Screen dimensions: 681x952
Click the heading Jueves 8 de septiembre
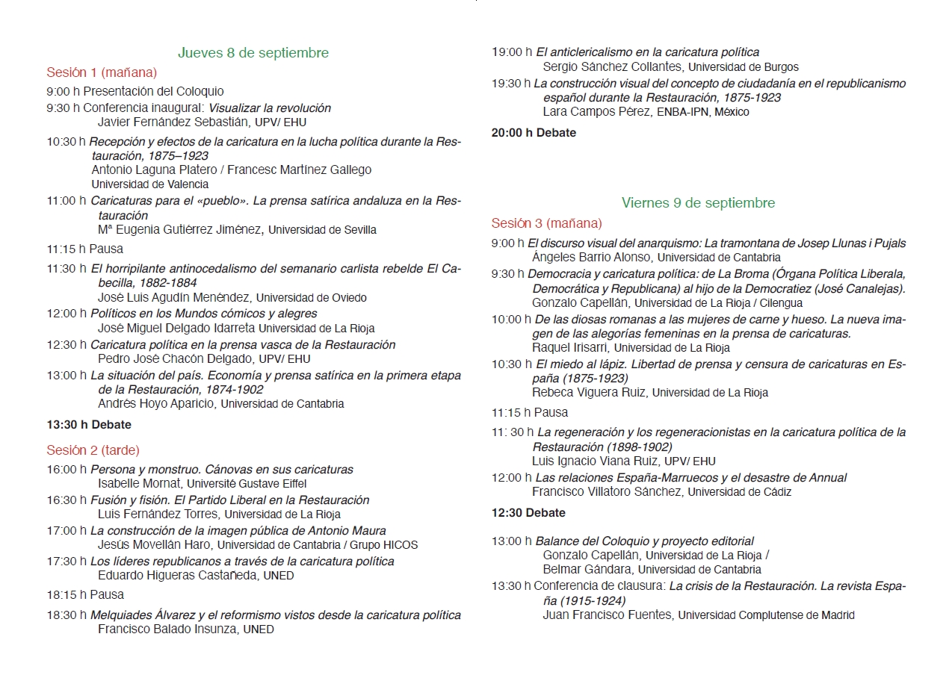253,53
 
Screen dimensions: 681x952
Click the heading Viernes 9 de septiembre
698,203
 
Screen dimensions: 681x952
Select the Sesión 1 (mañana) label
102,72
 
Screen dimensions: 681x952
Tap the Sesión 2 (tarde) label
93,450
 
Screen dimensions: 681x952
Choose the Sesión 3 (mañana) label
546,223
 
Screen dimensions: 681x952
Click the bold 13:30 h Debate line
89,425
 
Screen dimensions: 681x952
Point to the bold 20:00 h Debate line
534,133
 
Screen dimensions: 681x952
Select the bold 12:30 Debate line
528,513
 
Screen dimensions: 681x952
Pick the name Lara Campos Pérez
596,112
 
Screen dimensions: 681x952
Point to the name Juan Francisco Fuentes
608,615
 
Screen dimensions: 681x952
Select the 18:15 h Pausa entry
85,595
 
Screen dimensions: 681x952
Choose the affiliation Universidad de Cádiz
739,492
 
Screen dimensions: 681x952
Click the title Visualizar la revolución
269,108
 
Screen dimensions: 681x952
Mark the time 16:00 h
67,470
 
